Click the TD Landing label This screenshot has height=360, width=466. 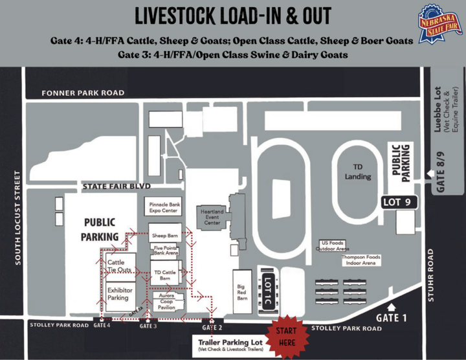[x=357, y=171]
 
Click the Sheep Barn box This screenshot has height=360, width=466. [x=165, y=232]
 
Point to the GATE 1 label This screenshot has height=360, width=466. [x=393, y=318]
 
